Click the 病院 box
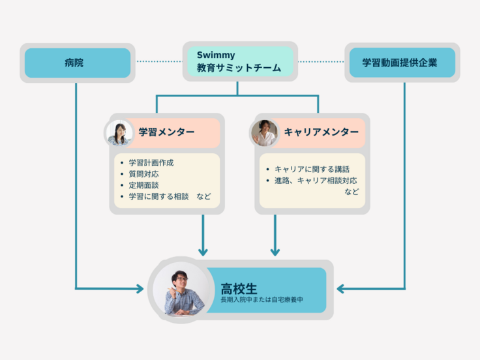[78, 63]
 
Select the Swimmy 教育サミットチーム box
[239, 61]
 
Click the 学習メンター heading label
[166, 132]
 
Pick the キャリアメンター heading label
[321, 132]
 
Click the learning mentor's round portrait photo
[119, 132]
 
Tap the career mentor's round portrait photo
[265, 132]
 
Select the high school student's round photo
[179, 290]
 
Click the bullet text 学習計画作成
[151, 162]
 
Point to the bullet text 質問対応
[143, 173]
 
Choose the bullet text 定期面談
[143, 185]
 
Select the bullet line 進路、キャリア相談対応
[316, 181]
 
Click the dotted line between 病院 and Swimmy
[159, 62]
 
